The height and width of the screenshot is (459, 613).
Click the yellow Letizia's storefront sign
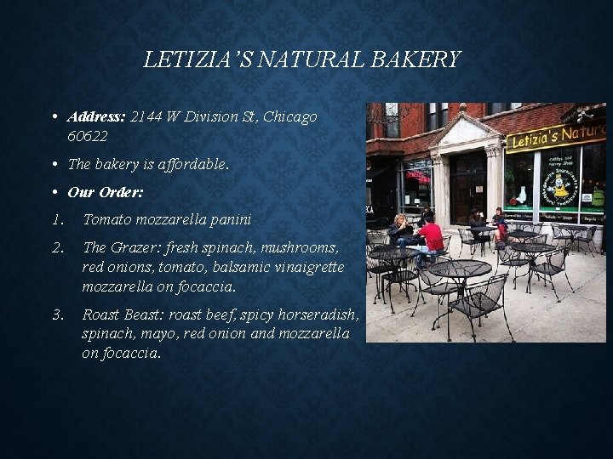555,136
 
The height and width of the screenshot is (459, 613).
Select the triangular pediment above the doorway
465,131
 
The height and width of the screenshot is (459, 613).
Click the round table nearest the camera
461,270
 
